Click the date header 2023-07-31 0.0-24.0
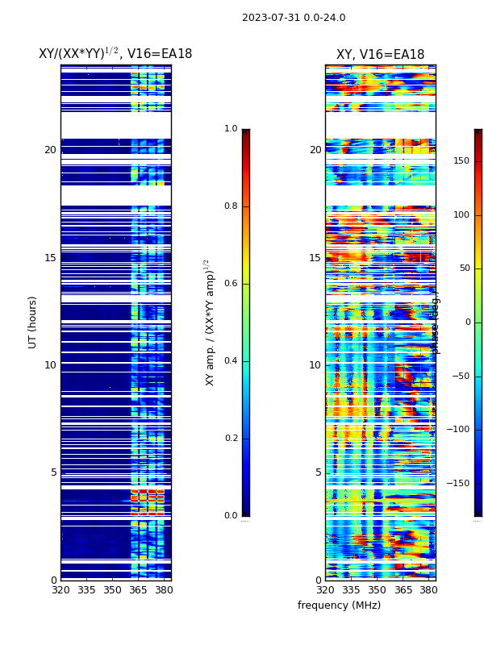click(294, 18)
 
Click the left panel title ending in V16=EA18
click(115, 54)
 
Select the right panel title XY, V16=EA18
click(380, 55)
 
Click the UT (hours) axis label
click(33, 322)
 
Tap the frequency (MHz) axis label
click(339, 605)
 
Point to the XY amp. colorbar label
click(210, 322)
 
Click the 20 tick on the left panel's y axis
click(50, 150)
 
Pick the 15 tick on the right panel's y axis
click(315, 257)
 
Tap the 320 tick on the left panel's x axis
click(60, 590)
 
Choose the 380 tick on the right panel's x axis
click(428, 590)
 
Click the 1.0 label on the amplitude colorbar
click(231, 129)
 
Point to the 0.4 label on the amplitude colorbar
click(231, 361)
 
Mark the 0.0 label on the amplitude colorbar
click(231, 516)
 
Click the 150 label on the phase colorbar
click(461, 161)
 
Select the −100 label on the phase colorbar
click(457, 430)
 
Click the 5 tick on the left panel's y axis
click(53, 472)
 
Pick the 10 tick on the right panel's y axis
click(315, 365)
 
